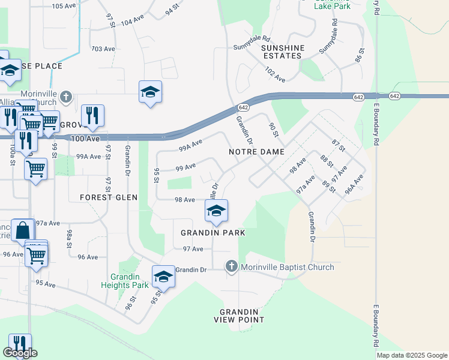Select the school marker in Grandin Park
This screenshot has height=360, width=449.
coord(216,211)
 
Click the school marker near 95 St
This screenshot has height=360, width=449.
coord(163,277)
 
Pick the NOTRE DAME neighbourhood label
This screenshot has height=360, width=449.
coord(256,152)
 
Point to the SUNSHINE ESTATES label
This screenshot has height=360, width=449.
coord(283,52)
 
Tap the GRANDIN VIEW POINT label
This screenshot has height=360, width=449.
coord(238,316)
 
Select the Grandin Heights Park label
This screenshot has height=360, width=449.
coord(129,281)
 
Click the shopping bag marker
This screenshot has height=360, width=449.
coord(22,230)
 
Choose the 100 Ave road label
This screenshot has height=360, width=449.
coord(85,139)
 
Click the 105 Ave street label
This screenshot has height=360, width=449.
coord(64,6)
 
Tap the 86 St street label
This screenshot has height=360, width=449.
coord(359,57)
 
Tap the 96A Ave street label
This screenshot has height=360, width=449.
coord(354,182)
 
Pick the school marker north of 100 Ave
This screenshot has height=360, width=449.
coord(150,92)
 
